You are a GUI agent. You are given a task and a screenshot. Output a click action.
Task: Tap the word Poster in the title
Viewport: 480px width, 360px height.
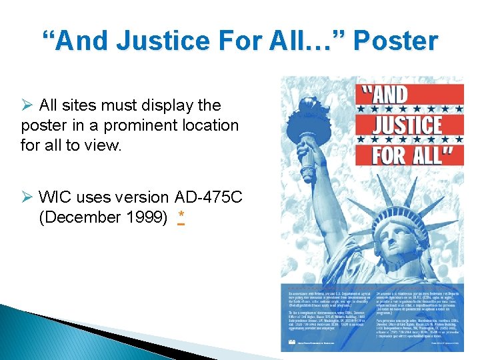(x=395, y=41)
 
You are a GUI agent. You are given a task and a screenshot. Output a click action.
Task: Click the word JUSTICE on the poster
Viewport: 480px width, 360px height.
(x=409, y=125)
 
